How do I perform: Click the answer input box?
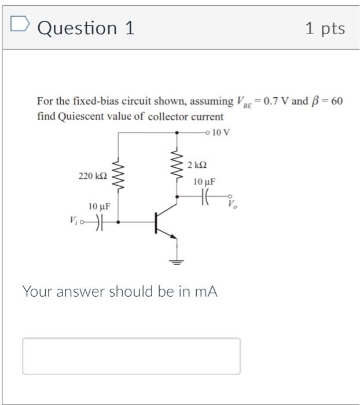[x=131, y=356]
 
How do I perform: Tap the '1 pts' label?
[x=325, y=28]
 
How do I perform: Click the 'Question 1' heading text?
[x=86, y=28]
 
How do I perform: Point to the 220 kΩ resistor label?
[x=92, y=175]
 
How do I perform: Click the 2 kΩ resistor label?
[x=197, y=165]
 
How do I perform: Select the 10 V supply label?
[x=221, y=132]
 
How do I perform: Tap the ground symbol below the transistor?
[x=176, y=262]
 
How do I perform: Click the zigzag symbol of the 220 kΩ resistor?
[x=119, y=175]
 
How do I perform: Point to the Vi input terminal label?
[x=73, y=220]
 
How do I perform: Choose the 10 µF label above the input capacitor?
[x=100, y=206]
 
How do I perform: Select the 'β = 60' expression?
[x=328, y=101]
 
